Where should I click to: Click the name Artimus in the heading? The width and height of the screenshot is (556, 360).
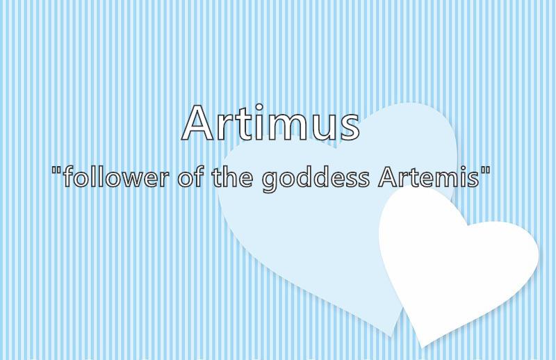tap(270, 123)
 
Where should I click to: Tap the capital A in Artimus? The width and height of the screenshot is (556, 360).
tap(197, 123)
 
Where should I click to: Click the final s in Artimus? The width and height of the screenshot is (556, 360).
tap(349, 127)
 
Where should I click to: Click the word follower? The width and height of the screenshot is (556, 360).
tap(115, 177)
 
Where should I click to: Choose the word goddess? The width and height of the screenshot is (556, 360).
tap(316, 179)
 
